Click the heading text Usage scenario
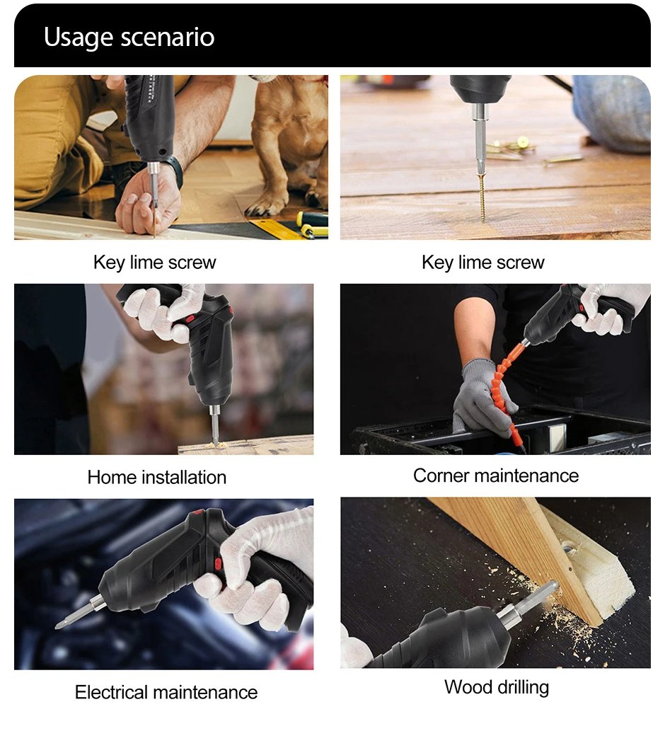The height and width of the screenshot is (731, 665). click(x=129, y=37)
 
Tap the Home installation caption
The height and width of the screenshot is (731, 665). click(x=156, y=477)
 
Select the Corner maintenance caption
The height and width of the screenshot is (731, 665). click(x=495, y=476)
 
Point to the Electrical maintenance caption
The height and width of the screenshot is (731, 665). click(x=166, y=691)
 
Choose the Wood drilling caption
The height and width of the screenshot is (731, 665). click(x=496, y=686)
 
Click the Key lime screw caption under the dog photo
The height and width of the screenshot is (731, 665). click(x=154, y=263)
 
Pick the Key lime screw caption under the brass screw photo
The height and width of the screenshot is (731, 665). click(x=482, y=263)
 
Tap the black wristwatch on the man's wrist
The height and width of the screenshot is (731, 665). click(x=173, y=170)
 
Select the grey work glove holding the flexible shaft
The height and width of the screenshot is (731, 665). click(x=481, y=400)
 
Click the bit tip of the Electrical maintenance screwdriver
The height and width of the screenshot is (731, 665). click(x=67, y=621)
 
